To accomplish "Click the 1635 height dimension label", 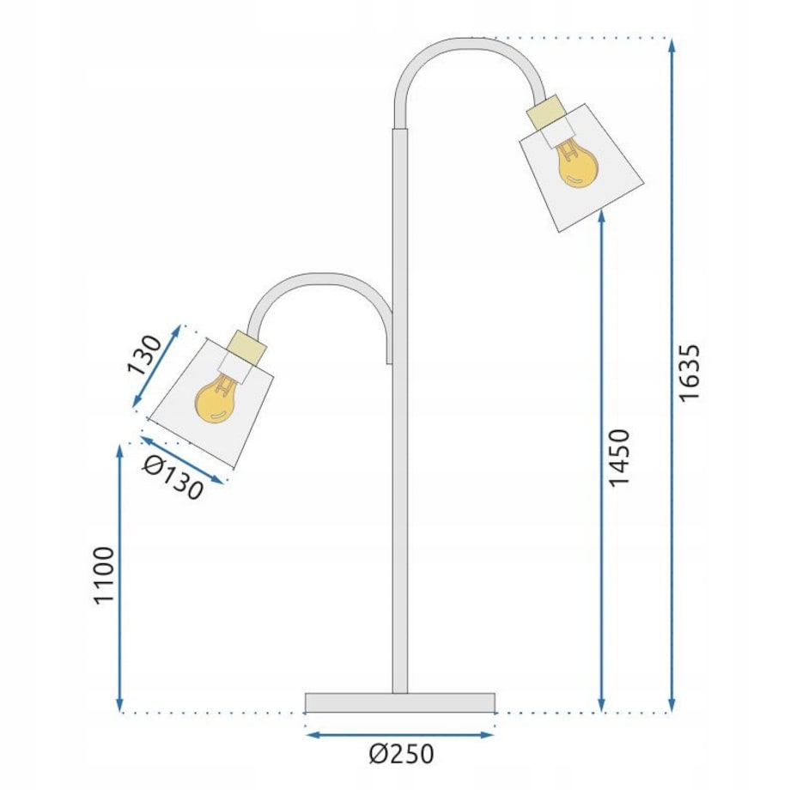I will tap(690, 372).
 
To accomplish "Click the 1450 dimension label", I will tap(618, 457).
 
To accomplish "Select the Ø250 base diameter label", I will tap(401, 754).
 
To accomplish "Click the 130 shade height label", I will tap(145, 355).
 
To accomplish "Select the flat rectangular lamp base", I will tap(400, 702).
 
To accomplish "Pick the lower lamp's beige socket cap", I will tap(247, 347).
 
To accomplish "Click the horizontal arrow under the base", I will tap(400, 734).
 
